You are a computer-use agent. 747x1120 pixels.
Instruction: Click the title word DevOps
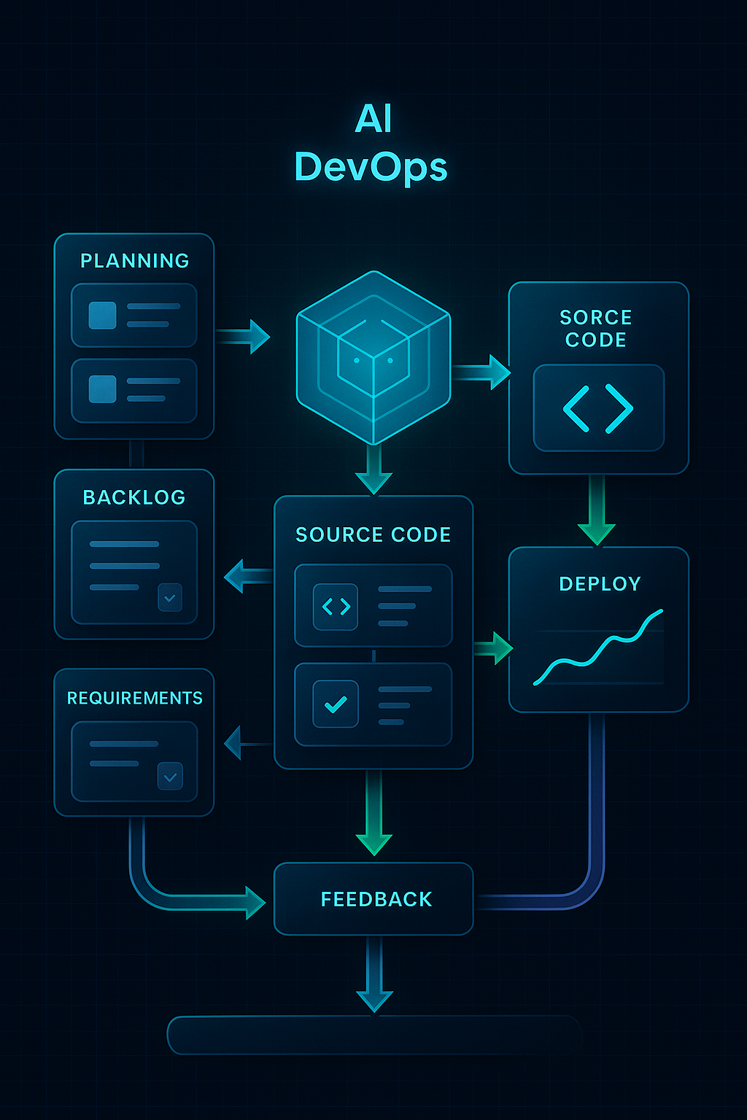click(x=371, y=167)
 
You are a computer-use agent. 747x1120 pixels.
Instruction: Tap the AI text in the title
click(x=373, y=118)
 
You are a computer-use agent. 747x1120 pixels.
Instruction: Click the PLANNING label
click(x=134, y=261)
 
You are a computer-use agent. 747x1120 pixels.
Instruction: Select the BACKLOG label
click(x=134, y=497)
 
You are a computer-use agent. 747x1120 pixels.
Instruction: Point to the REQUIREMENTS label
click(x=135, y=698)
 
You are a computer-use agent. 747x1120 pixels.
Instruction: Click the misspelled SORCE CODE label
click(x=596, y=329)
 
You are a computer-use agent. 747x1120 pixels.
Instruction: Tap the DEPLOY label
click(x=600, y=584)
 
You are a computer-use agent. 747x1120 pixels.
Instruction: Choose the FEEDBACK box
click(x=373, y=898)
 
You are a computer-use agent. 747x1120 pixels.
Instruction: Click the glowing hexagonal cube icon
click(x=373, y=357)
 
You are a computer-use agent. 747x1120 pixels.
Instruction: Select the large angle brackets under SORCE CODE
click(x=598, y=408)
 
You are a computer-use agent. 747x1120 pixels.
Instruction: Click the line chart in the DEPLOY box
click(x=598, y=649)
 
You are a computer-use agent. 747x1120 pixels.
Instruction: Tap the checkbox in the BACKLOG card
click(x=170, y=598)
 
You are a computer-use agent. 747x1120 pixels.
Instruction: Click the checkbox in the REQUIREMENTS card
click(x=170, y=777)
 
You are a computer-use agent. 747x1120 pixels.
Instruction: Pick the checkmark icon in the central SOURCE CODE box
click(x=336, y=704)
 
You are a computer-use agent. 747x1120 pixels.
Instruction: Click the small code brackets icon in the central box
click(x=336, y=607)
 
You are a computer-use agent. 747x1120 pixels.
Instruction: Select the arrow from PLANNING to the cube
click(x=244, y=336)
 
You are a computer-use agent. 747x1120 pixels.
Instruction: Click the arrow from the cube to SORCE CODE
click(x=481, y=373)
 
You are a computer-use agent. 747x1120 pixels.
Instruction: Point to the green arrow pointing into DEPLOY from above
click(x=597, y=510)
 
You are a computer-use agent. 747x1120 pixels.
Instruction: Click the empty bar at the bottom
click(x=373, y=1035)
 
